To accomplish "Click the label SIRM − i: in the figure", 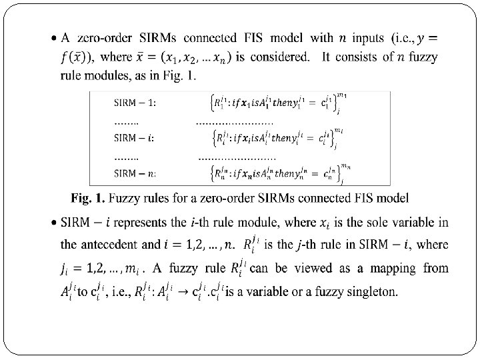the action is click(x=135, y=138).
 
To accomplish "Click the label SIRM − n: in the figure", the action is click(x=135, y=173).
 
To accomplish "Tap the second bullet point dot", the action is click(x=53, y=223).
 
